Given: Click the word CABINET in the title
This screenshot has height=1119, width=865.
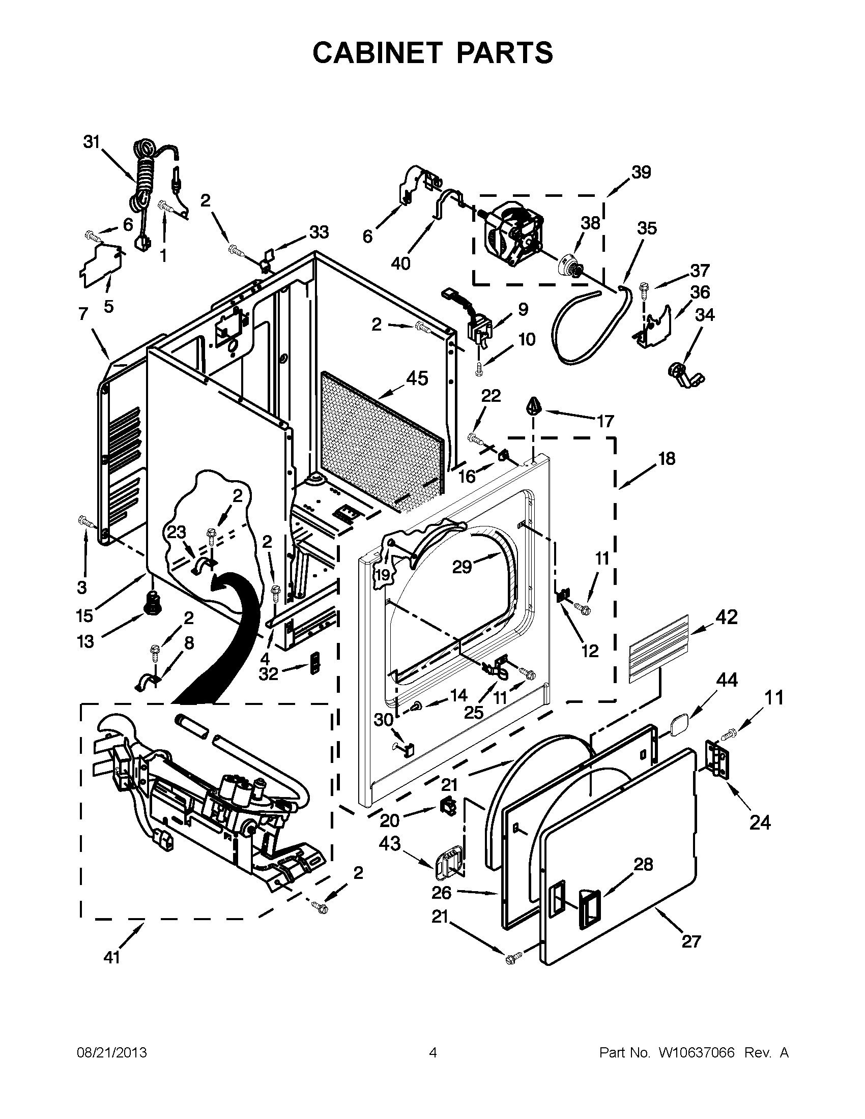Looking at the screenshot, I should coord(378,53).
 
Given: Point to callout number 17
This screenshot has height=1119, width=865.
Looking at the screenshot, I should coord(605,421).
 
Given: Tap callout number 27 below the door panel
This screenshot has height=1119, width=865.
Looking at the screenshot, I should coord(691,941).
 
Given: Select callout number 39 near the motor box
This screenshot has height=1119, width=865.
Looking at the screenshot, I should coord(641,172).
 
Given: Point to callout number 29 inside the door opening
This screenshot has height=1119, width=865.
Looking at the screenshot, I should coord(461,567).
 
